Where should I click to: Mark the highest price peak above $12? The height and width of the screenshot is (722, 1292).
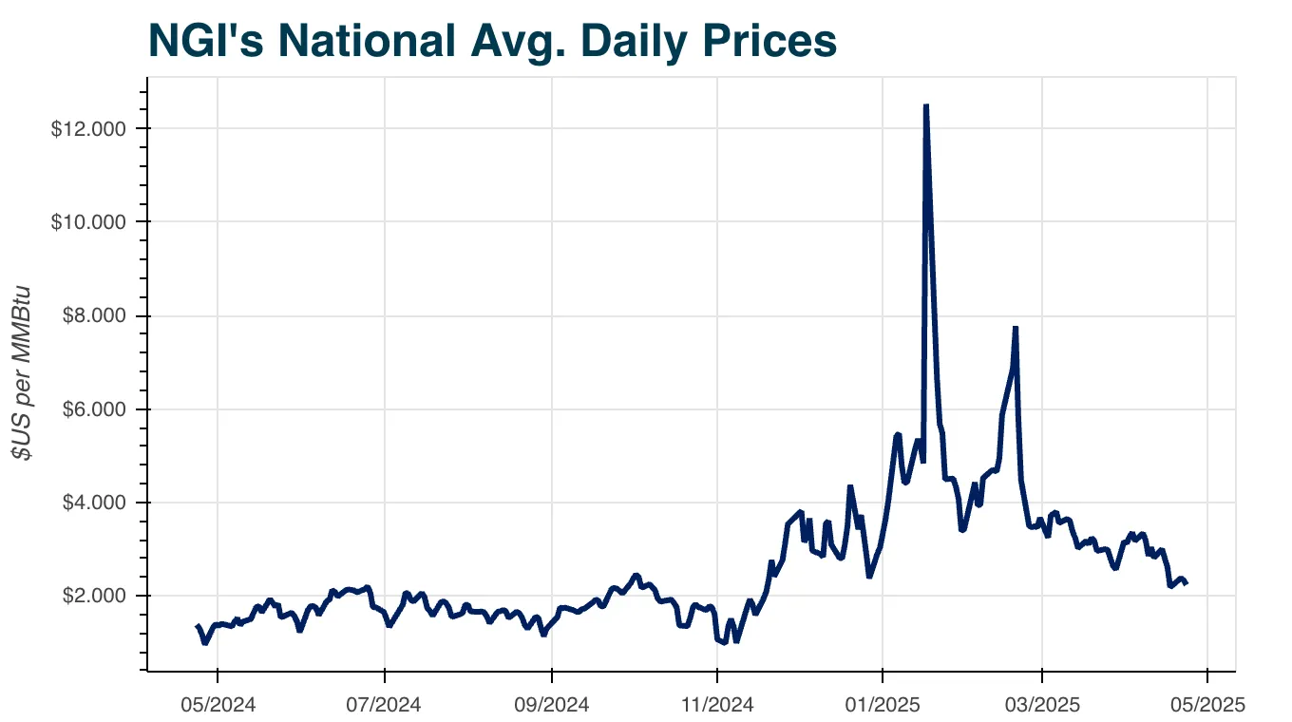click(x=925, y=106)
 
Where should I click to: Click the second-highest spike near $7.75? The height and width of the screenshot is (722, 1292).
click(x=1016, y=328)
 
